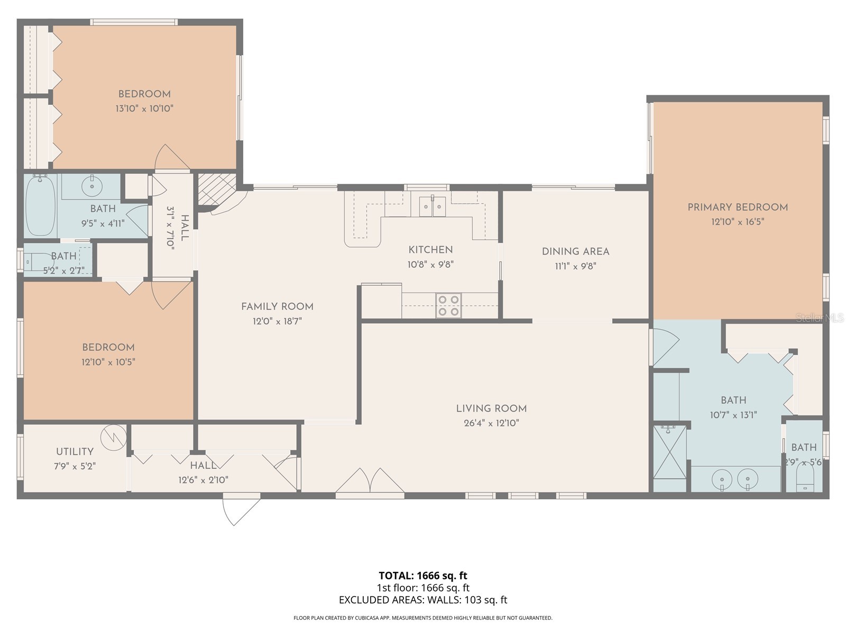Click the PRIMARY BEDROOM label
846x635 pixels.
coord(738,207)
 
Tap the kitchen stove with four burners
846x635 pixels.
coord(448,306)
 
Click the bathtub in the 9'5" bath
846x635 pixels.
coord(41,205)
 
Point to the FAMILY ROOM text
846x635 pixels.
coord(277,306)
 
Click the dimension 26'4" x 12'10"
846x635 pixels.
coord(491,423)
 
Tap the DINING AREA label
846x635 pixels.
coord(575,251)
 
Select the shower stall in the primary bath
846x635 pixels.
coord(670,451)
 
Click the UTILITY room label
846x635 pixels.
coord(75,451)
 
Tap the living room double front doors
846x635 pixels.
coord(370,482)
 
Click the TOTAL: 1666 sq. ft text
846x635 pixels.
coord(422,575)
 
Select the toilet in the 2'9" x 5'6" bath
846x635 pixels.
coord(804,482)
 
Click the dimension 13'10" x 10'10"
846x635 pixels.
coord(144,108)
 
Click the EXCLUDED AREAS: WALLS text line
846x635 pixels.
coord(422,600)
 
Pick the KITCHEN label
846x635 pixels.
coord(430,250)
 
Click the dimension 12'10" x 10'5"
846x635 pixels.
coord(108,362)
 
